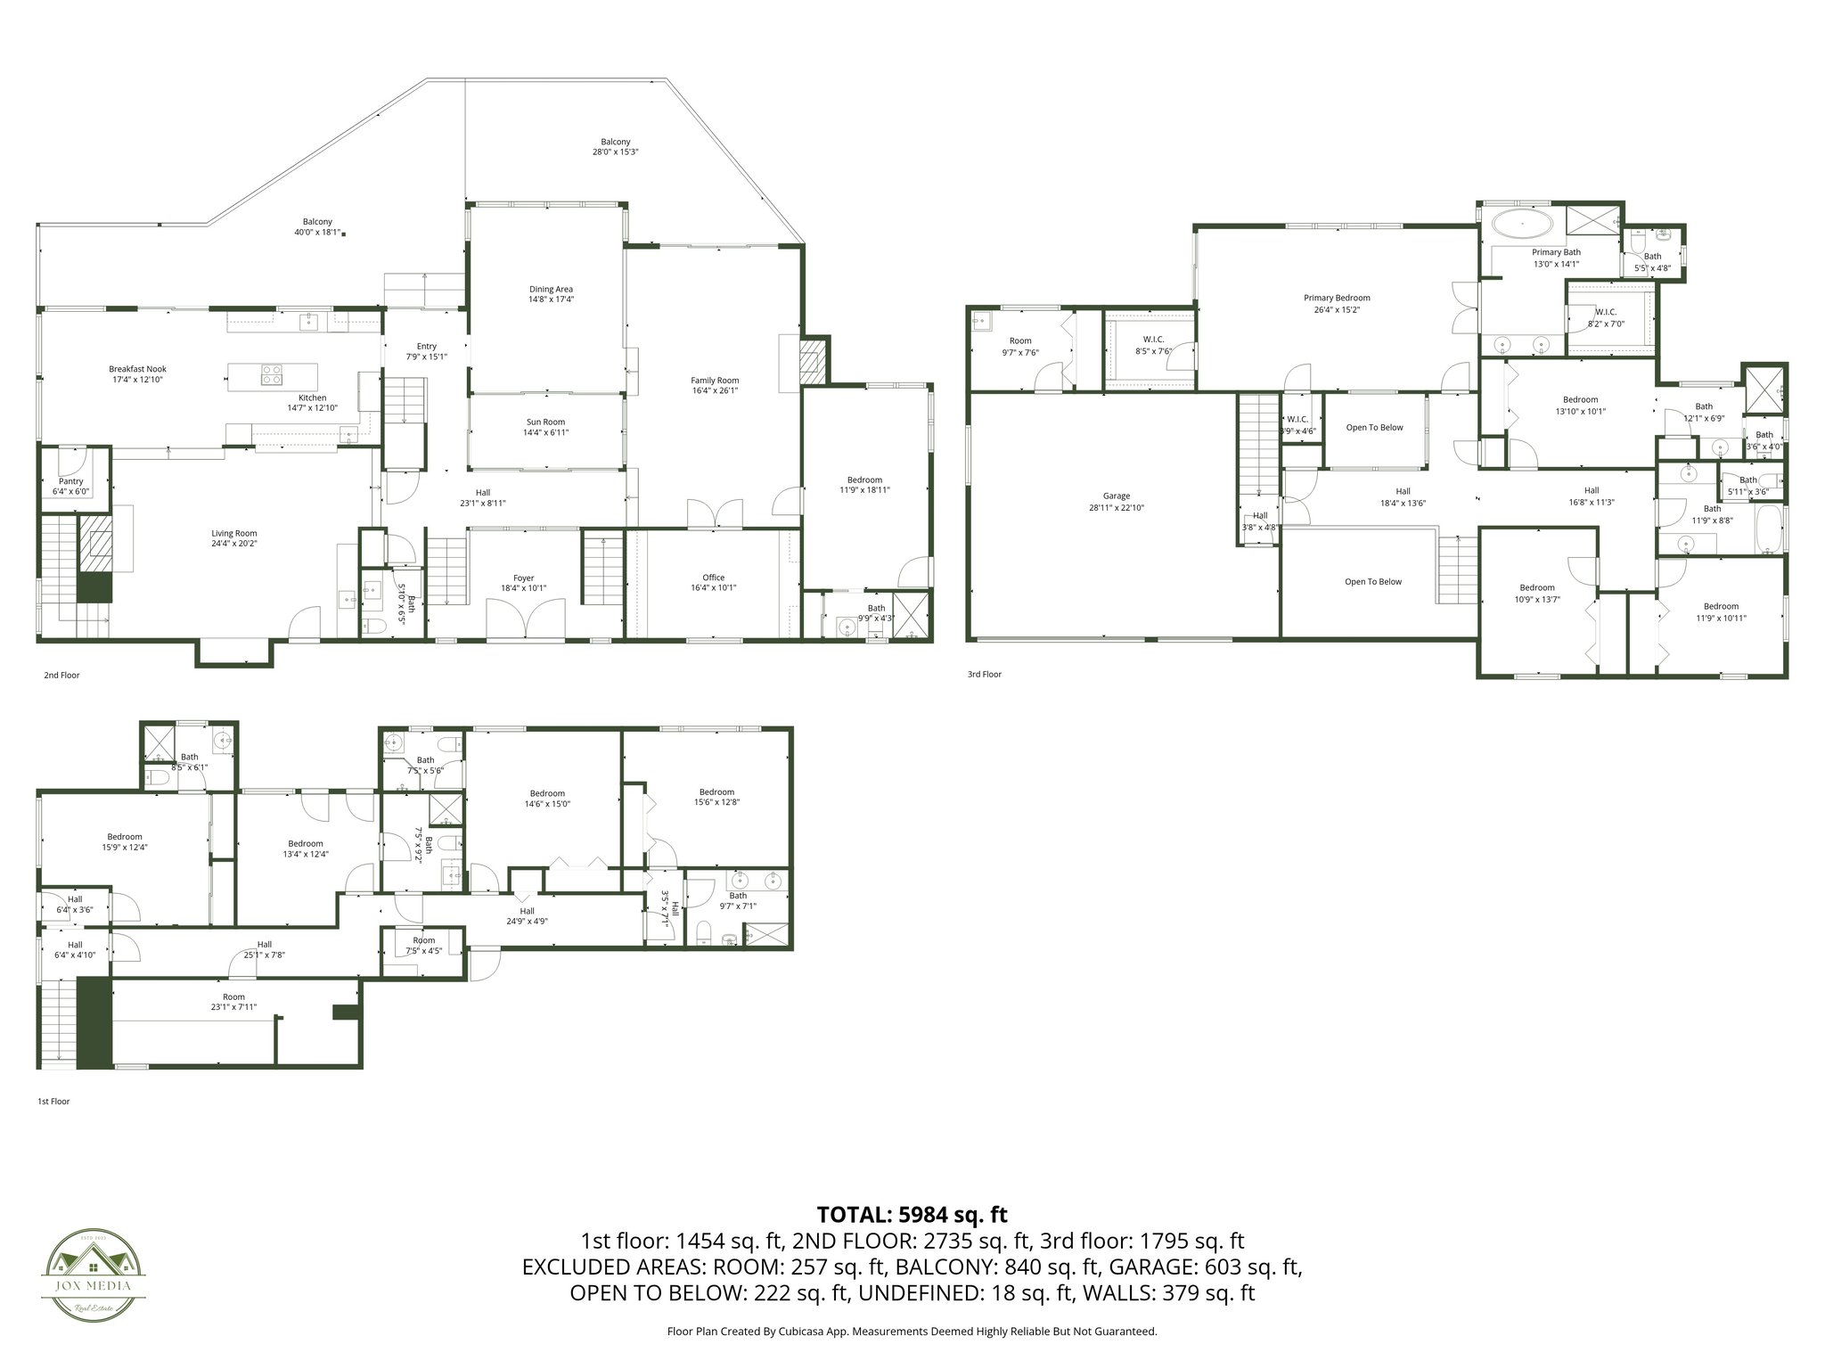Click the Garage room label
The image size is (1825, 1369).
pos(1116,496)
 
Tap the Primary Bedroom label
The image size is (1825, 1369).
pos(1336,298)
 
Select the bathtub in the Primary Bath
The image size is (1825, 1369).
pos(1522,223)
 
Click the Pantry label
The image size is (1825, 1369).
pos(70,481)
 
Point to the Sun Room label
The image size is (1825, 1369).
pos(545,422)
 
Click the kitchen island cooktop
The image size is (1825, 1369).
pos(271,375)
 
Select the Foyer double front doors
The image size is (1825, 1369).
pos(525,619)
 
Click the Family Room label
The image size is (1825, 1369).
pos(715,381)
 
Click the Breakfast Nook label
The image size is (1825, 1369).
pos(137,369)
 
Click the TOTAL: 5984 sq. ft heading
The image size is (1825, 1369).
pos(912,1214)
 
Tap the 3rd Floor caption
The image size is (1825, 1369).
pos(984,675)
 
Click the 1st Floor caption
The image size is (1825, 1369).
pos(53,1102)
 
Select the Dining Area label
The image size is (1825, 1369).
pos(551,289)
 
